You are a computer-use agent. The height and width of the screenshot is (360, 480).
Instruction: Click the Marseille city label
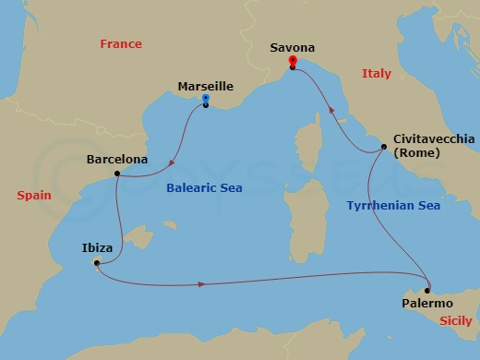point(204,87)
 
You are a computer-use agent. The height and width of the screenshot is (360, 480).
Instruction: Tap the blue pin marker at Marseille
point(205,99)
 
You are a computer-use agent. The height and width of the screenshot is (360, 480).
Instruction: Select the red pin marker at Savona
point(292,62)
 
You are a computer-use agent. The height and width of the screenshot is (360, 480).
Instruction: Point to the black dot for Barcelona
point(116,174)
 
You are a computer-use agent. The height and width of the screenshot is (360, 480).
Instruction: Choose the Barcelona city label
point(116,160)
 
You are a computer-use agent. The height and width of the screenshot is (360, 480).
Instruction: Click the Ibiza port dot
point(97,263)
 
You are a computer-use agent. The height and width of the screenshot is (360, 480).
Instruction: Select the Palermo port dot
point(427,290)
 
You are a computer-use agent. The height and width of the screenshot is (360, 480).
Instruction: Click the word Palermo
point(427,303)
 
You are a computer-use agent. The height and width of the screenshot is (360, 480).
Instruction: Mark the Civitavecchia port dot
point(383,149)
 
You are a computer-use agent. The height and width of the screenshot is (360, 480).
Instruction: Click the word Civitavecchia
point(434,138)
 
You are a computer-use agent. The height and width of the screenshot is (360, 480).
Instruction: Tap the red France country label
point(122,44)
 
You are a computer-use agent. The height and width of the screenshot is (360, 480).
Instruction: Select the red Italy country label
point(377,73)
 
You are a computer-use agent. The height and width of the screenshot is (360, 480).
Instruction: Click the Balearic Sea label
point(204,188)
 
